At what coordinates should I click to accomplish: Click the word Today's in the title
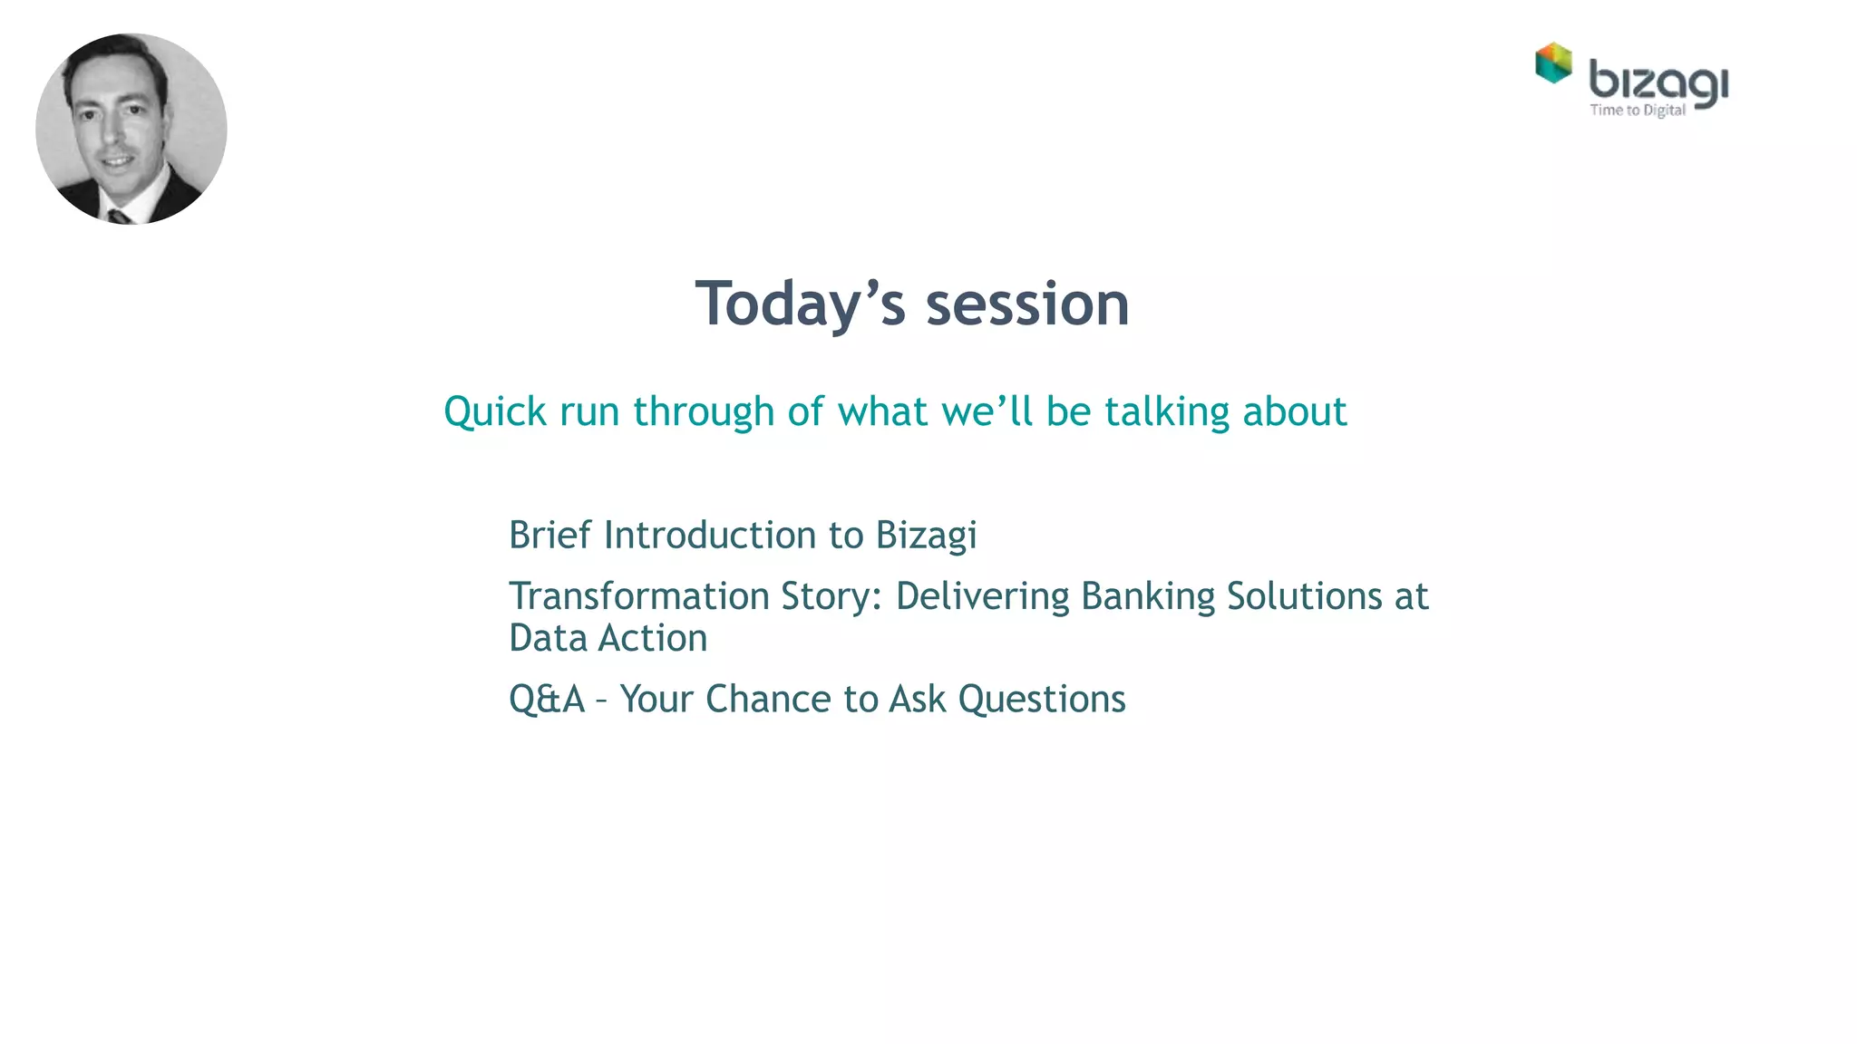pyautogui.click(x=800, y=304)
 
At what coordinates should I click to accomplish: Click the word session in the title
pyautogui.click(x=1027, y=304)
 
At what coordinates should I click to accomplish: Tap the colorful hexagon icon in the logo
pyautogui.click(x=1553, y=63)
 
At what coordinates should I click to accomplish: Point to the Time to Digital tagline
pyautogui.click(x=1638, y=111)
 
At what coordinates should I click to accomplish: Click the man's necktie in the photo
pyautogui.click(x=119, y=217)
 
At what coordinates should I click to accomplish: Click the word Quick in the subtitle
pyautogui.click(x=495, y=412)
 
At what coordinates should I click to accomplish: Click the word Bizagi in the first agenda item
pyautogui.click(x=926, y=536)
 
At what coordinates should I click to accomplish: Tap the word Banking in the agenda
pyautogui.click(x=1147, y=596)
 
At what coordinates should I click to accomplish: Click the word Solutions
pyautogui.click(x=1304, y=596)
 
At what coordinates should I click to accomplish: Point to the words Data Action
pyautogui.click(x=608, y=638)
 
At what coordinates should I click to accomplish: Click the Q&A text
pyautogui.click(x=547, y=700)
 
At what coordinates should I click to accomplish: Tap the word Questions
pyautogui.click(x=1041, y=700)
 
